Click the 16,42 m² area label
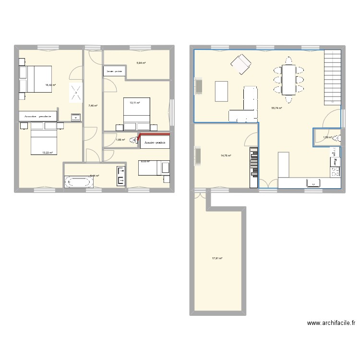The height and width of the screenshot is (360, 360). pyautogui.click(x=50, y=85)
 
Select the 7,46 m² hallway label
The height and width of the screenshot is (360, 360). pyautogui.click(x=93, y=106)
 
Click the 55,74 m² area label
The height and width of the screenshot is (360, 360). pyautogui.click(x=276, y=108)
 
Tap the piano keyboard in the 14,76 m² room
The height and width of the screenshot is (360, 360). pyautogui.click(x=253, y=168)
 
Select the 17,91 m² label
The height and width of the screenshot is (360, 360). pyautogui.click(x=217, y=258)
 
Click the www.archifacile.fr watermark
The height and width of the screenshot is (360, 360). pyautogui.click(x=331, y=324)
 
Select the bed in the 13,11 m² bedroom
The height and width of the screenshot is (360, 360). pyautogui.click(x=137, y=115)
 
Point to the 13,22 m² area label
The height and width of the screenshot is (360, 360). pyautogui.click(x=47, y=153)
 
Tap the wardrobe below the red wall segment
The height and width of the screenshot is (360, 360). pyautogui.click(x=155, y=143)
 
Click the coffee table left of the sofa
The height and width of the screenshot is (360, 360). pyautogui.click(x=221, y=91)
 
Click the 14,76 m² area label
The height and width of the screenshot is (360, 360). pyautogui.click(x=226, y=156)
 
